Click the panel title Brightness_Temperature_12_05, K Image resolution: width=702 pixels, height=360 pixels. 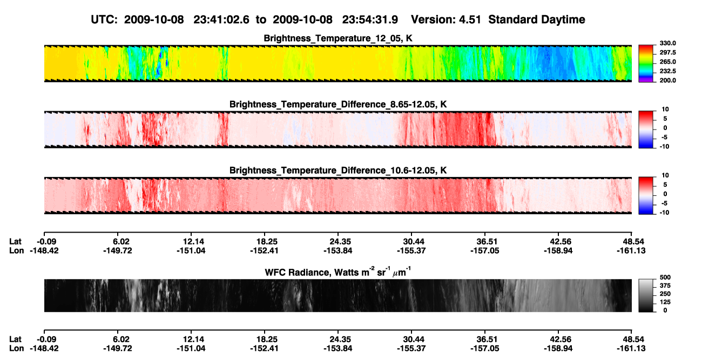point(338,38)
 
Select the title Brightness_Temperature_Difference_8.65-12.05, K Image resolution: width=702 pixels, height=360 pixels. point(338,104)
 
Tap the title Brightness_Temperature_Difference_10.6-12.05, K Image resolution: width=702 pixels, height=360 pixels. point(338,171)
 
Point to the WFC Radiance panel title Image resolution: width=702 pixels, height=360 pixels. point(338,272)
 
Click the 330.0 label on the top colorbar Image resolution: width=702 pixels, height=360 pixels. point(667,43)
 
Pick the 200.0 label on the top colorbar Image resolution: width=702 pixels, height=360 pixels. point(667,80)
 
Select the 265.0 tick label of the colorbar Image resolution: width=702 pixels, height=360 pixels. point(667,62)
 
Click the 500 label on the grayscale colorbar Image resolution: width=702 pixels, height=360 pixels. point(665,277)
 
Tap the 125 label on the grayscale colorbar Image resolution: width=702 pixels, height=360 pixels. point(665,302)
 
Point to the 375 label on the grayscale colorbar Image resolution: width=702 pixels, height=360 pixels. point(665,286)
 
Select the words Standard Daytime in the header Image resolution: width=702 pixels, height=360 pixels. point(537,19)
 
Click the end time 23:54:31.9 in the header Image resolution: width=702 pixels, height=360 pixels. point(370,19)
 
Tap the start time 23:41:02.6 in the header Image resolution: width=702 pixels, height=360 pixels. point(221,19)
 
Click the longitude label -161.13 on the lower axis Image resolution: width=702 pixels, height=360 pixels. point(631,349)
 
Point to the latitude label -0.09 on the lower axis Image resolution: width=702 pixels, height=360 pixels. point(46,339)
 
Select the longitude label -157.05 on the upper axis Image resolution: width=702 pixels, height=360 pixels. point(484,250)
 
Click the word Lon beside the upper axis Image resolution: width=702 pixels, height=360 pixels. point(17,250)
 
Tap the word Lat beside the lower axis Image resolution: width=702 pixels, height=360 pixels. point(15,339)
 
